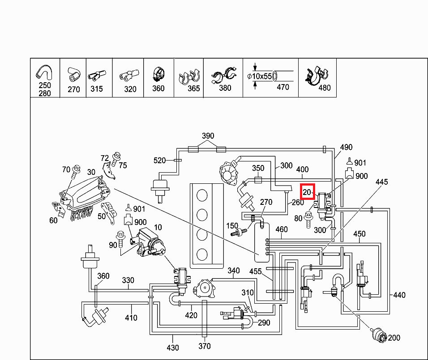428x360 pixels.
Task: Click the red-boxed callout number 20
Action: (307, 192)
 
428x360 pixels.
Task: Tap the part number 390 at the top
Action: (208, 136)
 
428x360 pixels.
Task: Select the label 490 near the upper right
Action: (346, 147)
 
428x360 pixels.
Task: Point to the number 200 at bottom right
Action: (394, 338)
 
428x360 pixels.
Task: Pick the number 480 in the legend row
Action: (324, 88)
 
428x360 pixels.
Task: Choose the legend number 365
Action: (193, 89)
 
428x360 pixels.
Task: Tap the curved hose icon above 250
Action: (44, 72)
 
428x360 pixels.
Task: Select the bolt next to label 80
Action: (308, 219)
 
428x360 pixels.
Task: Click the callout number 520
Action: (160, 160)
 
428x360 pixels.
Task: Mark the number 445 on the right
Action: (381, 182)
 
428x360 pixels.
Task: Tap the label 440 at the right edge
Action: (399, 295)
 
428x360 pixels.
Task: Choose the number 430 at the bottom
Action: (173, 347)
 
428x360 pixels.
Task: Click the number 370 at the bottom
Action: (204, 346)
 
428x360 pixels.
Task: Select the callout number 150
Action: (232, 226)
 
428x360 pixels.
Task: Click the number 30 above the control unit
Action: (91, 172)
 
